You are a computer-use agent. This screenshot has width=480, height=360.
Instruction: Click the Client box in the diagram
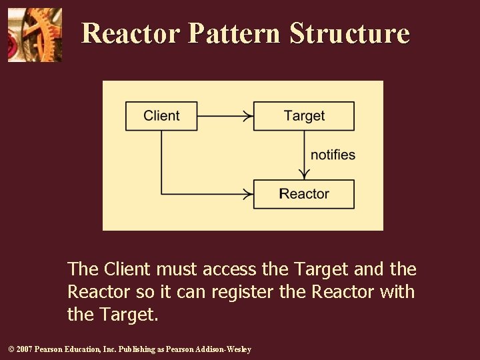coord(161,116)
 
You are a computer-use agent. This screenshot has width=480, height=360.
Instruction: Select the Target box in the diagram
coord(304,116)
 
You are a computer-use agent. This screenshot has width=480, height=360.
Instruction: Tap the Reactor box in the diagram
coord(304,194)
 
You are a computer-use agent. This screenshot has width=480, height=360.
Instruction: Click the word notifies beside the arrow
coord(333,155)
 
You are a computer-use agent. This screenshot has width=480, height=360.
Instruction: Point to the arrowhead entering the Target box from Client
coord(249,116)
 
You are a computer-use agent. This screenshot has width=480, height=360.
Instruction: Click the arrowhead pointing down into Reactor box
coord(304,175)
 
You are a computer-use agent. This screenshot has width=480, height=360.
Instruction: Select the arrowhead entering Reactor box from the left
coord(249,194)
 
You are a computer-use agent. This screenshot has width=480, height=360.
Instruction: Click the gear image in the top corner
coord(35,35)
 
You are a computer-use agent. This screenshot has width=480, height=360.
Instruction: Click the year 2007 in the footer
coord(24,349)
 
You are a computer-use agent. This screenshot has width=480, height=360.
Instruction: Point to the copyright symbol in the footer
coord(10,349)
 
